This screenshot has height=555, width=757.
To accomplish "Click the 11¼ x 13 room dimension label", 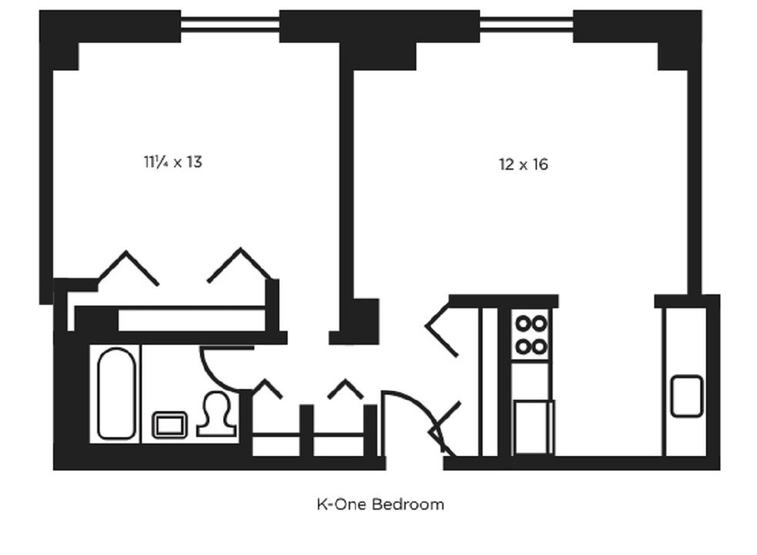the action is (173, 162).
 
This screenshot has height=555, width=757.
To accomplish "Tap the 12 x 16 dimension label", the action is (524, 164).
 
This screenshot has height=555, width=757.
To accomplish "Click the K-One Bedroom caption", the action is (380, 504).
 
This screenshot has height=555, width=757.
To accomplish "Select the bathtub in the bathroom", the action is (116, 394).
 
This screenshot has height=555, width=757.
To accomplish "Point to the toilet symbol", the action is (216, 414).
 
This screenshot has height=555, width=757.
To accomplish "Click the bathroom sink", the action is (170, 425).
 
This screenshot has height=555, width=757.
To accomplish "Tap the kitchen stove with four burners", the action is (531, 335).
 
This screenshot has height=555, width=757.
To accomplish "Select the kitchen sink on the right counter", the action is (687, 396).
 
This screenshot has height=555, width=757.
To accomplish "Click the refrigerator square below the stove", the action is (534, 427).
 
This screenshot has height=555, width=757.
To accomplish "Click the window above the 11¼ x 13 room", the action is (229, 23).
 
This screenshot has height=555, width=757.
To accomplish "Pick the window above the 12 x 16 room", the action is (526, 23).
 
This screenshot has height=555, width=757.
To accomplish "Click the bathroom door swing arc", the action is (216, 374).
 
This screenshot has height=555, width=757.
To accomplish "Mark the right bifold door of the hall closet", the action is (346, 388).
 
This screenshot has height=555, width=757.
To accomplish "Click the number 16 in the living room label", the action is (541, 164).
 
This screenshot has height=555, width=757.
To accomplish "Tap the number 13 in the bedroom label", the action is (194, 162).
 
